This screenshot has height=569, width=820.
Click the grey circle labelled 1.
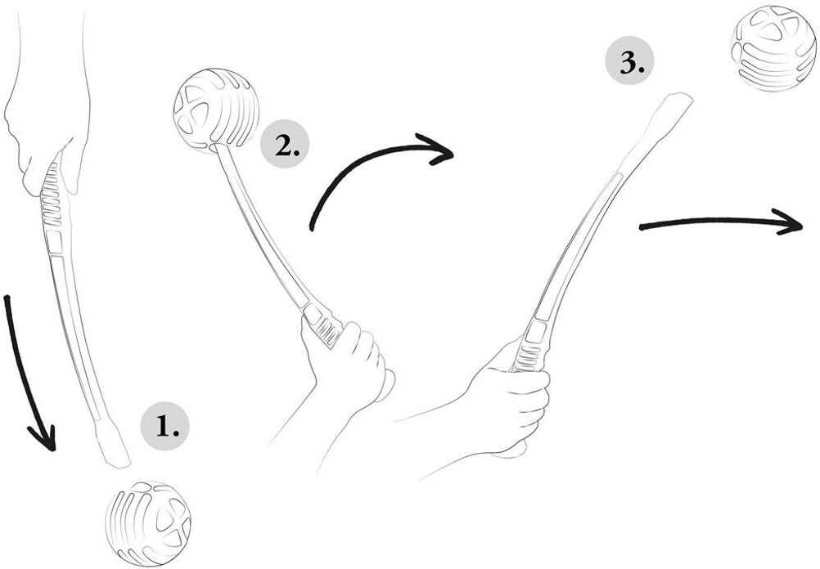tap(164, 427)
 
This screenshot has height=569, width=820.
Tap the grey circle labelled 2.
tap(285, 144)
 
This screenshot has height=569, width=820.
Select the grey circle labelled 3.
tap(629, 60)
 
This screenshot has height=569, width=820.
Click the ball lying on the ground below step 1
tap(148, 523)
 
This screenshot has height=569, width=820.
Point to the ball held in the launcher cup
tap(216, 110)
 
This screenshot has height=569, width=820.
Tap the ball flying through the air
tap(773, 48)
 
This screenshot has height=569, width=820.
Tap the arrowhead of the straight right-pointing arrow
tap(789, 222)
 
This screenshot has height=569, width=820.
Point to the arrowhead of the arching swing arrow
tap(437, 150)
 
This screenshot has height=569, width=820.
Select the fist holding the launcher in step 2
tap(348, 365)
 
